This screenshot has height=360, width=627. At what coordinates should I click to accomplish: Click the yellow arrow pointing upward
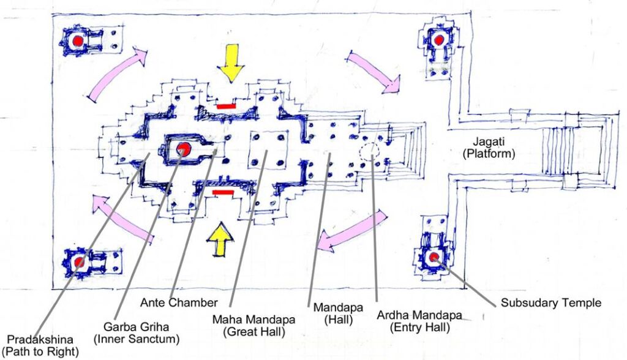220,239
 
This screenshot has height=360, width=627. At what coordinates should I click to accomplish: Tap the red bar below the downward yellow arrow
225,107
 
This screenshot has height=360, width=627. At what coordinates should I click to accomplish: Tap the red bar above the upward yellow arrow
223,192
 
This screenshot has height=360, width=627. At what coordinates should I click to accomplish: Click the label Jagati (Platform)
489,147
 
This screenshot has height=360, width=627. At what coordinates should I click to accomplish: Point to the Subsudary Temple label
551,303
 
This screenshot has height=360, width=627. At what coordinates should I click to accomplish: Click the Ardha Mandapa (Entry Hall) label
419,321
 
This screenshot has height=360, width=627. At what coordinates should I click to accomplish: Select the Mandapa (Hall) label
338,313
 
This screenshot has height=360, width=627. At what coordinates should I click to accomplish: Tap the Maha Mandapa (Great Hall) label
254,325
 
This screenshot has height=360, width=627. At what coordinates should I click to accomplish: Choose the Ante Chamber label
179,302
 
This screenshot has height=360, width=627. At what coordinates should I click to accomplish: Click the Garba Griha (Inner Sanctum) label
137,333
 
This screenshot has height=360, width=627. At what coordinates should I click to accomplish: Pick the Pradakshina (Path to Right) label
40,345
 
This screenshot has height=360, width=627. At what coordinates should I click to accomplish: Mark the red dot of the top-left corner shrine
78,41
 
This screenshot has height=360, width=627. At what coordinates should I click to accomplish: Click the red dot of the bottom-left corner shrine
80,263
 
